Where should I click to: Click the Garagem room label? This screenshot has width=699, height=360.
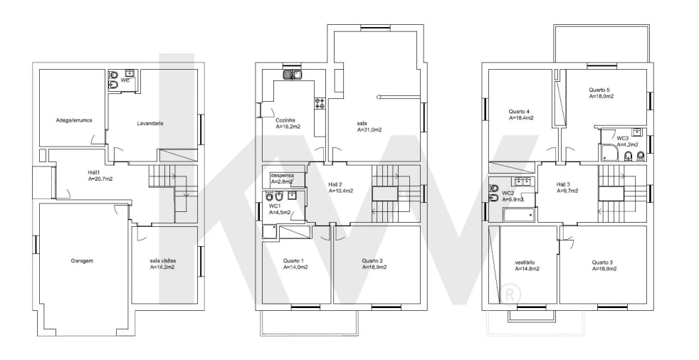82,260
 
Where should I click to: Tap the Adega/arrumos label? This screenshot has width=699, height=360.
74,120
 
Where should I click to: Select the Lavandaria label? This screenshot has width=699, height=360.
149,123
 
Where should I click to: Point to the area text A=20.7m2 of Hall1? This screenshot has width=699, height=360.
101,179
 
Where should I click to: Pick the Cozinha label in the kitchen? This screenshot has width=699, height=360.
285,120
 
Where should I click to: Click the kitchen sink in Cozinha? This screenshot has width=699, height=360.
293,75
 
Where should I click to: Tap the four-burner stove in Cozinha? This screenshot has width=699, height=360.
320,103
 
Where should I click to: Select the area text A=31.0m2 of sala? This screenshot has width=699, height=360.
369,130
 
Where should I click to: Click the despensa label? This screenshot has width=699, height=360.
282,176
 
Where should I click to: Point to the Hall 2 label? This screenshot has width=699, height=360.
335,184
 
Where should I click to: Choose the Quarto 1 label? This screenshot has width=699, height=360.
293,260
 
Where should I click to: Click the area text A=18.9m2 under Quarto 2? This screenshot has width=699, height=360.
374,268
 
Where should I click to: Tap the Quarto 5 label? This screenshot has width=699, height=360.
599,90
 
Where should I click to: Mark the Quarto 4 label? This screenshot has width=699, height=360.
519,112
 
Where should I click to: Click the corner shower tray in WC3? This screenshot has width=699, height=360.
609,152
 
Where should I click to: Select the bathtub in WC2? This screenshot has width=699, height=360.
518,215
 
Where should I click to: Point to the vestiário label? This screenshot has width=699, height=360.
525,263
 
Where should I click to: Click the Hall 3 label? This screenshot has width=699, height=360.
563,184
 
